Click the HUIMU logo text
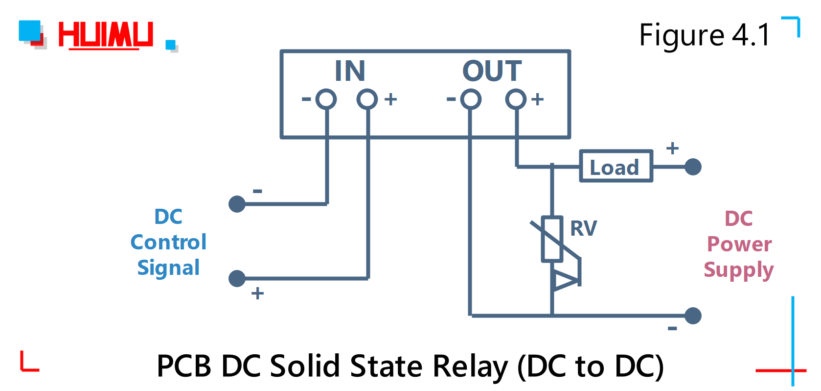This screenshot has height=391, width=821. tap(106, 35)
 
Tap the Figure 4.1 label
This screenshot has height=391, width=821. tap(705, 35)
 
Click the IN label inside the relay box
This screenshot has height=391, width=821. tap(350, 71)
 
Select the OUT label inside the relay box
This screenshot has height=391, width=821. tap(492, 71)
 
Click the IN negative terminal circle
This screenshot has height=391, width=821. tap(326, 99)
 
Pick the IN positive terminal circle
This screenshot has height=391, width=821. tap(367, 99)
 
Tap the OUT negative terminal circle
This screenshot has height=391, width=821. tap(471, 99)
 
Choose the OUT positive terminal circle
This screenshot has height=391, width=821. tap(516, 99)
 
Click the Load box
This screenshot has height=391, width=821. tap(616, 167)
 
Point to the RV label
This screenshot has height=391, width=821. tap(584, 228)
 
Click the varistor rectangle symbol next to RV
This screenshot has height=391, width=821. tap(552, 239)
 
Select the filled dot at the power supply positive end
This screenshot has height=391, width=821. tap(693, 167)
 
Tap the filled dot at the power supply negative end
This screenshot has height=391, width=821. tap(693, 316)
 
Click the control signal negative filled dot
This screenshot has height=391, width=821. tap(237, 204)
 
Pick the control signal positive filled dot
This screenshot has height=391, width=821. tap(237, 278)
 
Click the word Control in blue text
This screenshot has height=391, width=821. tap(168, 242)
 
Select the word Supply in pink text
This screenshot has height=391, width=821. tap(738, 270)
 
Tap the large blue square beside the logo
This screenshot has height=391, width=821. tap(30, 30)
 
